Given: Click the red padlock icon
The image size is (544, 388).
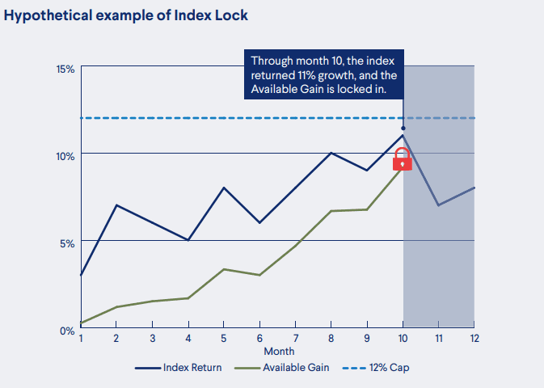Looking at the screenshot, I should (x=402, y=159).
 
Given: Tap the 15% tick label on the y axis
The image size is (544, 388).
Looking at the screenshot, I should (x=65, y=70).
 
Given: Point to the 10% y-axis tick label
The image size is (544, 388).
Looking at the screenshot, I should (x=65, y=155).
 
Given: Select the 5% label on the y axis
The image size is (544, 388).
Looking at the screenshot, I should (x=67, y=242).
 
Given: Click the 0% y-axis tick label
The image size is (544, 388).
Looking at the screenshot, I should (x=67, y=330).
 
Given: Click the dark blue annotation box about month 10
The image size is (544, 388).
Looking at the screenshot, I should (x=323, y=76).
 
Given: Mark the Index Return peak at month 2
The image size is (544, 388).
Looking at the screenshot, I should (x=116, y=205).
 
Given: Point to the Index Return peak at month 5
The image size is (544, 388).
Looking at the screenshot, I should (x=224, y=188).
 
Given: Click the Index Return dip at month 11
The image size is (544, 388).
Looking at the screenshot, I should (x=438, y=205).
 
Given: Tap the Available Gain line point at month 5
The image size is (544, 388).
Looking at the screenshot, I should (x=224, y=269).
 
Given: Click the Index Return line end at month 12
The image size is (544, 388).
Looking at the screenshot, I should (x=474, y=188).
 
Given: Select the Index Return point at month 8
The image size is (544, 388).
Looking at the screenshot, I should (x=331, y=153).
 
